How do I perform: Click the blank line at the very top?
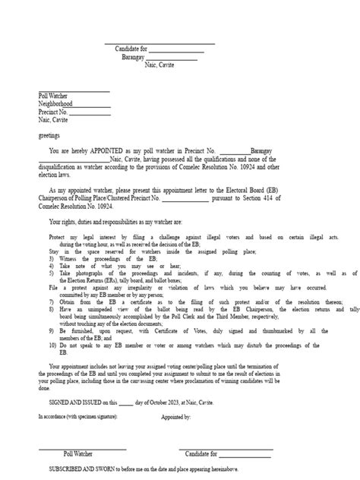[159, 42]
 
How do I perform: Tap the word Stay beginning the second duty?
[49, 252]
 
